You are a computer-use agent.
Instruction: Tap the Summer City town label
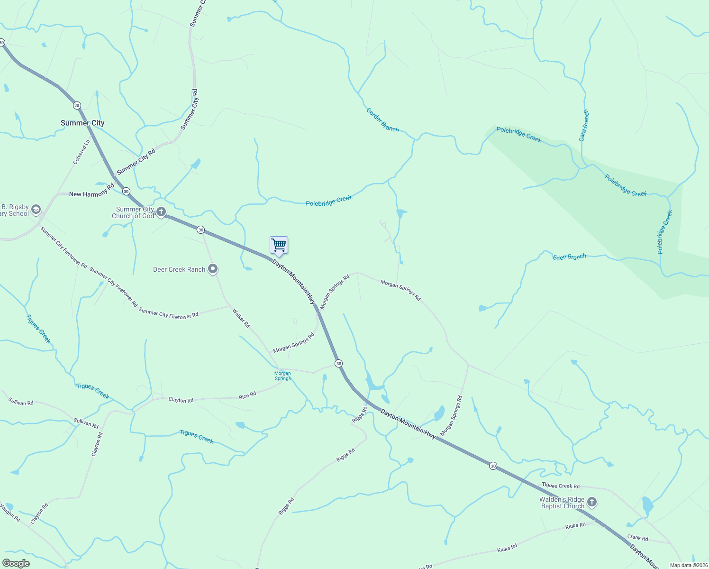pos(82,123)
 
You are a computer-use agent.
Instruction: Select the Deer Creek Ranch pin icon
pos(213,269)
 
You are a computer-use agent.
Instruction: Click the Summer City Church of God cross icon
pos(161,212)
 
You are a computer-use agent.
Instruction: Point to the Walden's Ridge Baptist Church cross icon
pos(591,502)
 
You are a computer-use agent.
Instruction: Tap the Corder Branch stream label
pos(382,120)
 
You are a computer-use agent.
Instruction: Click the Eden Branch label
pos(569,257)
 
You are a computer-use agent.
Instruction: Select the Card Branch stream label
pos(584,126)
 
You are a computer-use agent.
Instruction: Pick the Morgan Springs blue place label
pos(282,376)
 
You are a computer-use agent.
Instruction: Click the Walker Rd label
pos(241,318)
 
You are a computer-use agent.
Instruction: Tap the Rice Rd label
pos(247,395)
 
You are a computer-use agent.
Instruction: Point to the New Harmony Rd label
pos(91,191)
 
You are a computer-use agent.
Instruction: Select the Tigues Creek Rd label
pos(560,486)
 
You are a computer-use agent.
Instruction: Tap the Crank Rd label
pos(637,538)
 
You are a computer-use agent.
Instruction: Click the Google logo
pos(16,563)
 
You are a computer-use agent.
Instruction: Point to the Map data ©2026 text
pos(688,565)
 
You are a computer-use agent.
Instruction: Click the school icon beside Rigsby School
pos(36,210)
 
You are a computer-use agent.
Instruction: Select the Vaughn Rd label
pos(10,513)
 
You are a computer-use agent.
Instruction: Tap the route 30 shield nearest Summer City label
pos(77,105)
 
